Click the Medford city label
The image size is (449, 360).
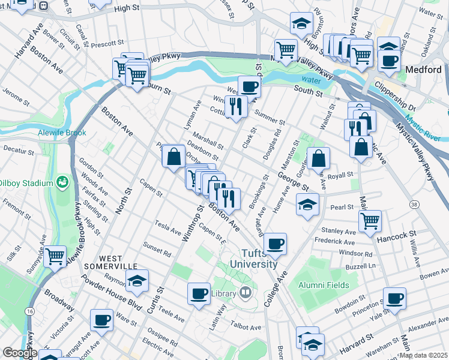coord(423,70)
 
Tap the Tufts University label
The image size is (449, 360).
coord(260,259)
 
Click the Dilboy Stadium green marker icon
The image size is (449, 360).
coord(62,181)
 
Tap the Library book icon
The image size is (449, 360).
coord(245,293)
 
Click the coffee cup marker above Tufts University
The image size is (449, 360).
coord(275,243)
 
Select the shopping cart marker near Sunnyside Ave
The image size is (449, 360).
coord(55,256)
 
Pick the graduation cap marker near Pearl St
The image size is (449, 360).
coord(307,204)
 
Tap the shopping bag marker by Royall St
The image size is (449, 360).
coord(319,158)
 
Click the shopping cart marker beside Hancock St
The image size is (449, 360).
coord(370,220)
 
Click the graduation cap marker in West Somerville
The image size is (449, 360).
coord(137,280)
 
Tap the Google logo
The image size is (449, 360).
coord(20,353)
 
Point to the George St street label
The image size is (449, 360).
coord(292,178)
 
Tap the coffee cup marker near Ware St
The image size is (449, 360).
coord(101,320)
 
